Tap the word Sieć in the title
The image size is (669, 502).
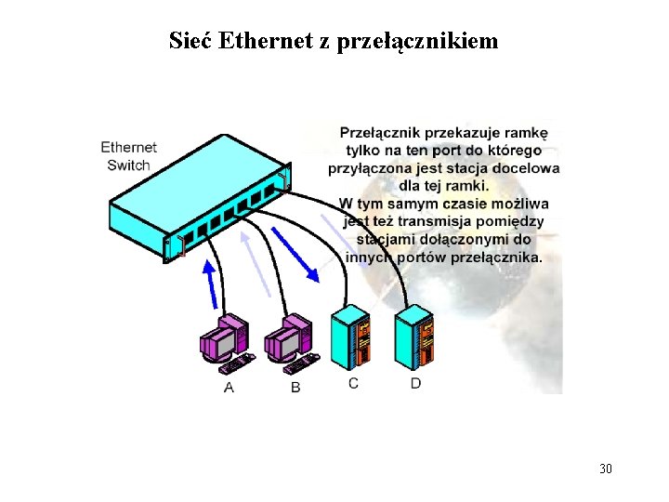pos(190,41)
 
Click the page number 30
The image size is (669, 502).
pos(606,468)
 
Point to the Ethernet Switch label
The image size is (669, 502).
pos(128,156)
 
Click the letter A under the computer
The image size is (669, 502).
pos(229,387)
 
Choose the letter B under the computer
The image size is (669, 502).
pos(295,387)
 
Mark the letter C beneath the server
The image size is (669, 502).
pos(353,383)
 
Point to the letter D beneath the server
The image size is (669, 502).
pos(415,383)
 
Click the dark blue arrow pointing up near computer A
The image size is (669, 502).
pos(212,284)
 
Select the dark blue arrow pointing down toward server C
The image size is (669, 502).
pos(295,250)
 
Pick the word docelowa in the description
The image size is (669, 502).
pos(530,169)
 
